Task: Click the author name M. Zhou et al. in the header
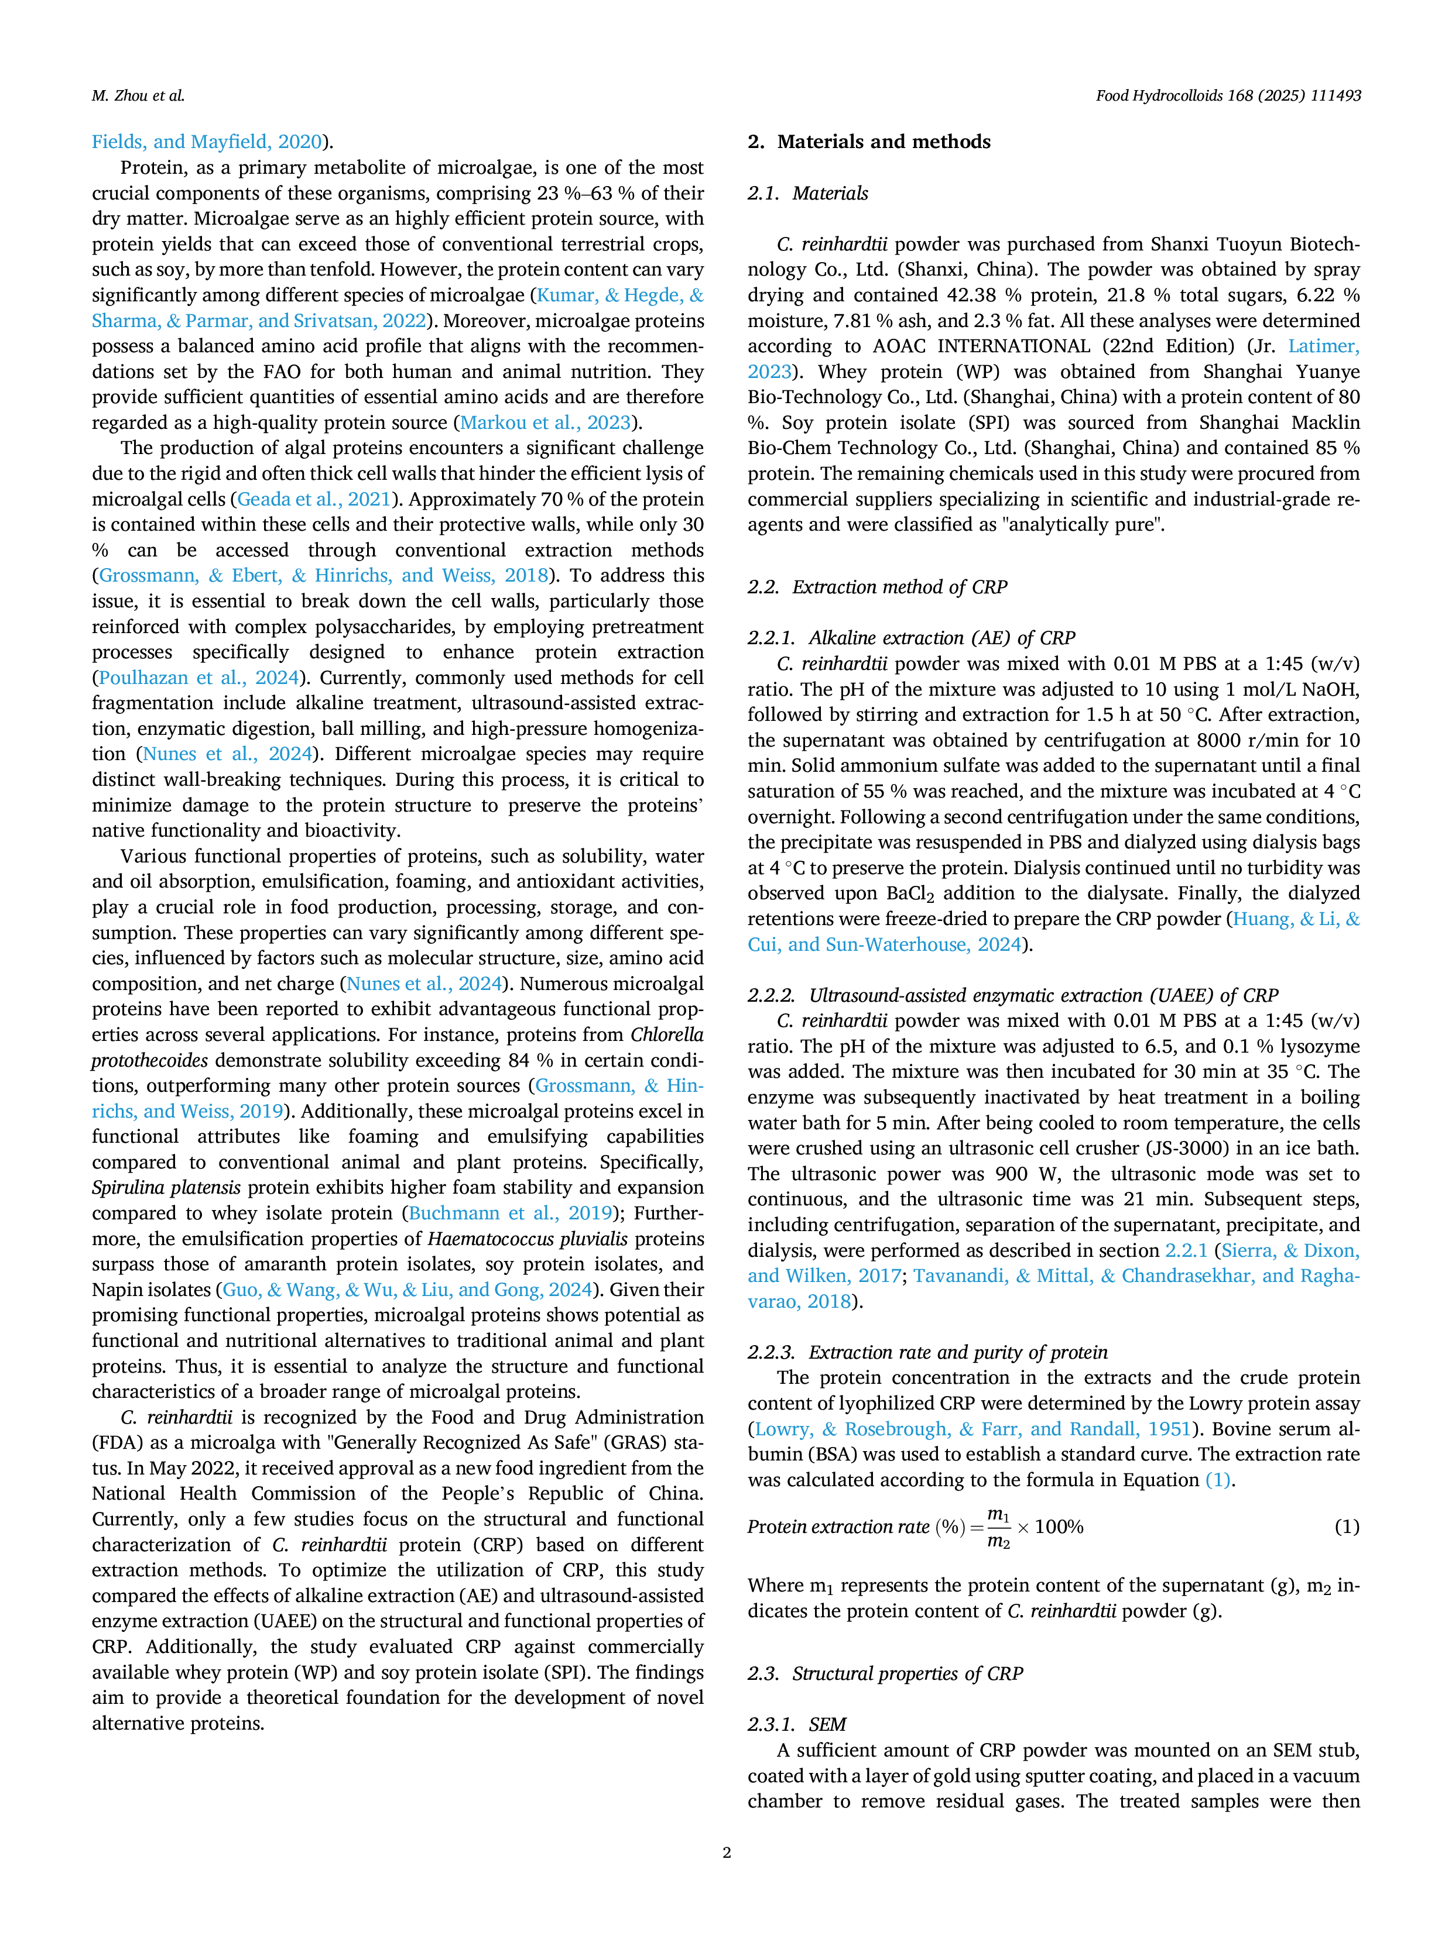click(x=138, y=95)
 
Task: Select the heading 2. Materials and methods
click(x=869, y=142)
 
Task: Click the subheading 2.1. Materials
click(x=808, y=193)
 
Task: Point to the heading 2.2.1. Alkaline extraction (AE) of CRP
click(x=911, y=638)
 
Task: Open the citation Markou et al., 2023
click(x=545, y=422)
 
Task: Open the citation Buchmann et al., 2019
click(x=511, y=1214)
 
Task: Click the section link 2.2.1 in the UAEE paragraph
click(x=1186, y=1251)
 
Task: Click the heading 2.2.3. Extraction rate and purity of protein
click(x=928, y=1352)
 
